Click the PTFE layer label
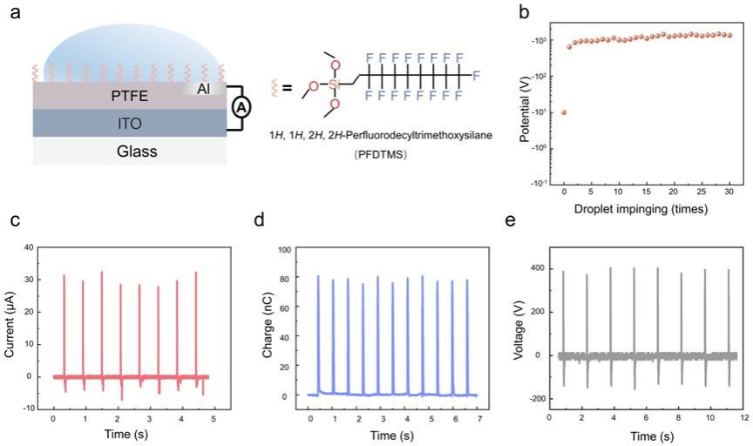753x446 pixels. (112, 96)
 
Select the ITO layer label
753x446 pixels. (112, 124)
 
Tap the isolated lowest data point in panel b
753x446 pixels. (564, 112)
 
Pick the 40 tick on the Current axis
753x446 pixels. (29, 247)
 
